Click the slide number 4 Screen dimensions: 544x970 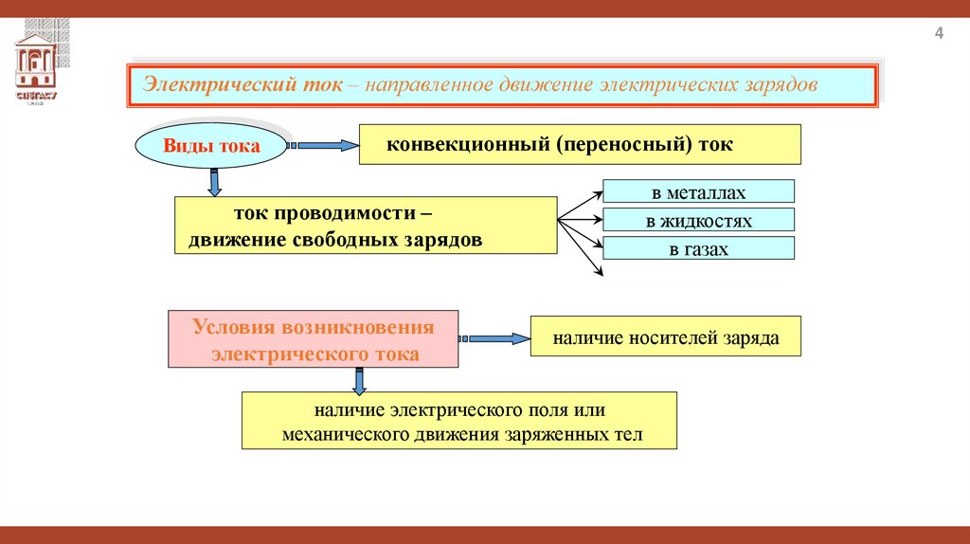[x=939, y=35]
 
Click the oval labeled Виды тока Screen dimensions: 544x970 [x=211, y=147]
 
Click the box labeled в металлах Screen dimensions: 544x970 [x=698, y=193]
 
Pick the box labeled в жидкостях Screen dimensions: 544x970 [x=698, y=221]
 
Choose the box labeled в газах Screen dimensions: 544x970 [x=698, y=249]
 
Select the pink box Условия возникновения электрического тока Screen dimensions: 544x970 [x=314, y=339]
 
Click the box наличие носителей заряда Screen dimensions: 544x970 [x=665, y=337]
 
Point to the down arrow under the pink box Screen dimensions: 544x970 [x=359, y=380]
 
